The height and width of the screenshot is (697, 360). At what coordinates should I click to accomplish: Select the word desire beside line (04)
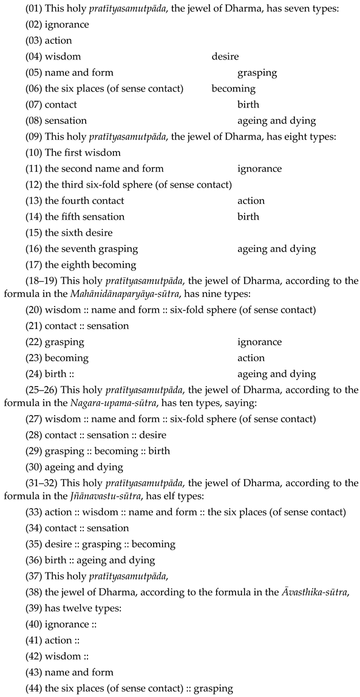[225, 56]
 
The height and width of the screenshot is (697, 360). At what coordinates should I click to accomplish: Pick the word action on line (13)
[251, 200]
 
